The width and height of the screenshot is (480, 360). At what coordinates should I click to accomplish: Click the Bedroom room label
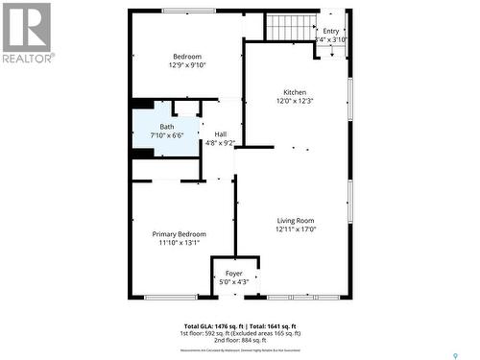coord(187,57)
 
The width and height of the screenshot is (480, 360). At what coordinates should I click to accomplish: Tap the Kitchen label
coord(295,92)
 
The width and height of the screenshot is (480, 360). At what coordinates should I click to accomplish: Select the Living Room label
coord(296,221)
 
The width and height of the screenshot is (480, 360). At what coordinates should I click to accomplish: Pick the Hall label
coord(221,134)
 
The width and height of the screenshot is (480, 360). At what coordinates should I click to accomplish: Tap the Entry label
coord(330,31)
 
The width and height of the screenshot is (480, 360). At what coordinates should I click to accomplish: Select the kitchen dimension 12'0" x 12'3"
coord(295,101)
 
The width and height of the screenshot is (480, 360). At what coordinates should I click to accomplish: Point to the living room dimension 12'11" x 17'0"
coord(296,229)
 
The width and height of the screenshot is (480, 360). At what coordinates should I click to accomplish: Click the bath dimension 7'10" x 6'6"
coord(167,135)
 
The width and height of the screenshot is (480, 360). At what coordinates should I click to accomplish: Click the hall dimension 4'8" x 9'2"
coord(221,143)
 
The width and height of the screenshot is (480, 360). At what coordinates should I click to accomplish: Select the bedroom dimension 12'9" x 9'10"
coord(187,65)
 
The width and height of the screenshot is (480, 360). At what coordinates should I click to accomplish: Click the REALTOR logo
coord(27,32)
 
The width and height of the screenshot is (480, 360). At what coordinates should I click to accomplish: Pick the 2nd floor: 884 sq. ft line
coord(240,341)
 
